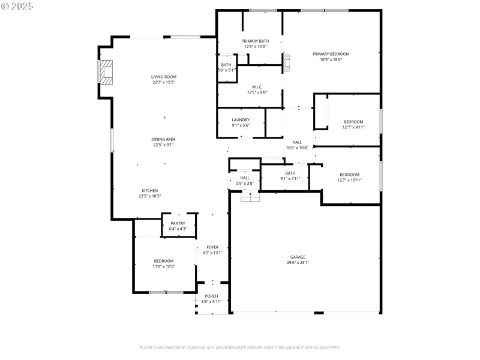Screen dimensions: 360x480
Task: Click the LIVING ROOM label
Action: tap(163, 77)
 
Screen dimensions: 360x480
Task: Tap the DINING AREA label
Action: tap(163, 139)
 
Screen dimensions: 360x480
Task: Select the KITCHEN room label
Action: tap(149, 191)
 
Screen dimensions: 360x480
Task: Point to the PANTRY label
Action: tap(178, 223)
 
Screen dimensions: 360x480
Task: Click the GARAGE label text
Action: tap(298, 257)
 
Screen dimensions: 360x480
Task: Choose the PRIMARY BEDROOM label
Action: tap(331, 54)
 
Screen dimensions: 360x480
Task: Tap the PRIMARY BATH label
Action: tap(256, 41)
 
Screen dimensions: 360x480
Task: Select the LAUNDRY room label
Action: tap(241, 120)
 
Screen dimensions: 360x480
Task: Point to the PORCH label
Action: tap(211, 296)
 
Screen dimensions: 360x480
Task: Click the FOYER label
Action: tap(212, 247)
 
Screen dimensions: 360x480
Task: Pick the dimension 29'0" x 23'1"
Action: tap(298, 262)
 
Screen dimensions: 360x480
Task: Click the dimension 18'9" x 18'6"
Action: tap(331, 59)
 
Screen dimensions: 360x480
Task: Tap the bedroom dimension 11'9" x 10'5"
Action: tap(163, 266)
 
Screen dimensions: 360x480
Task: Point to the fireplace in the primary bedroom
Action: tap(287, 62)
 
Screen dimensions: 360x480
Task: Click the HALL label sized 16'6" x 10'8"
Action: tap(297, 142)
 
